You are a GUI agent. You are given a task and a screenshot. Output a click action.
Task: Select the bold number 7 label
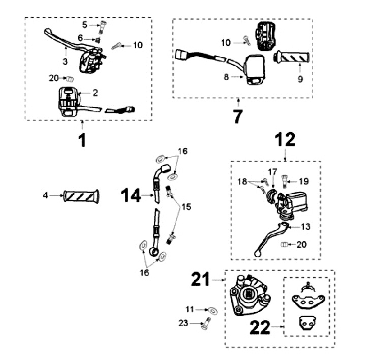click(238, 116)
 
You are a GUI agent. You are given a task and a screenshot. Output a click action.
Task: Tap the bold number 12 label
click(284, 138)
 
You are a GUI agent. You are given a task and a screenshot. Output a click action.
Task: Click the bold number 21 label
click(202, 279)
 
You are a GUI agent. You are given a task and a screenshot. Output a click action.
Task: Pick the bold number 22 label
click(260, 327)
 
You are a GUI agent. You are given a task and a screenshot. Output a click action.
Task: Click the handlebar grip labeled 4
click(81, 195)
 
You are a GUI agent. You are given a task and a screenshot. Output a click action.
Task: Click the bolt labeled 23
click(206, 322)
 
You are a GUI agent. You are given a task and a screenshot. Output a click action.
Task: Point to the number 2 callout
click(95, 93)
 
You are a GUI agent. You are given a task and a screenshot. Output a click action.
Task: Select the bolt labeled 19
click(285, 180)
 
